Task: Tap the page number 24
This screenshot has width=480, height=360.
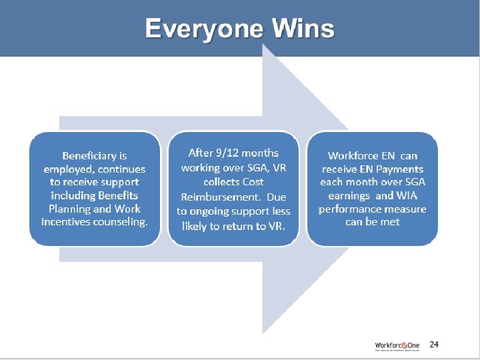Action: pos(434,345)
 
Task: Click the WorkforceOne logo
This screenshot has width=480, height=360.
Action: pos(397,345)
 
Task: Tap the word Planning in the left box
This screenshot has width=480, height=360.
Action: pos(71,208)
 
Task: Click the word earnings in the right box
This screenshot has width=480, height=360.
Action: pos(349,195)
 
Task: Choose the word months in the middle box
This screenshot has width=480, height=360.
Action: pos(260,153)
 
